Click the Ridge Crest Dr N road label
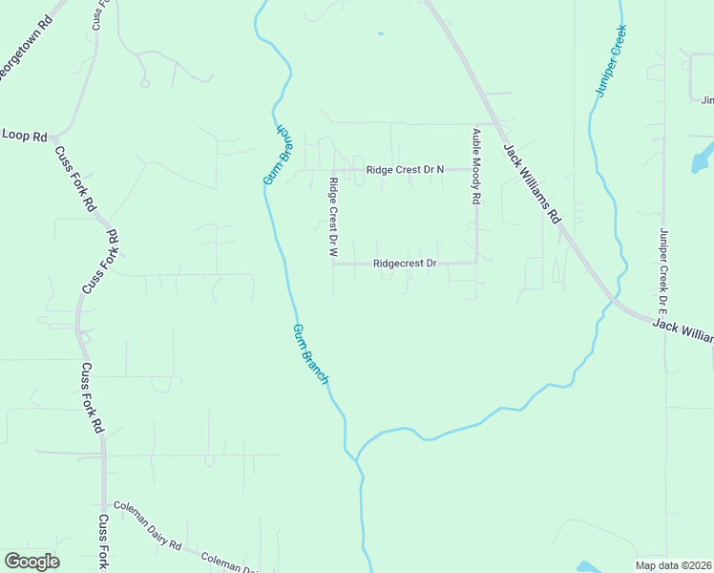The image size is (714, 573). (x=407, y=169)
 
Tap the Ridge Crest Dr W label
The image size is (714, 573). (x=333, y=218)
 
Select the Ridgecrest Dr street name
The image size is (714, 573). (x=405, y=263)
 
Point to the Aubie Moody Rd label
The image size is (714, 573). (x=475, y=168)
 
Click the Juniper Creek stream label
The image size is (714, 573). (x=611, y=59)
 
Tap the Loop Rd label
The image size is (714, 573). (x=25, y=137)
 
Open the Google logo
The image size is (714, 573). (x=31, y=561)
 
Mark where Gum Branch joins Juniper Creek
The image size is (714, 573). (x=358, y=458)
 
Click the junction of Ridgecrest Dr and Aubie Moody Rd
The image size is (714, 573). (x=476, y=262)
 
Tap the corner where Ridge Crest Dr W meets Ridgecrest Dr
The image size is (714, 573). (x=333, y=264)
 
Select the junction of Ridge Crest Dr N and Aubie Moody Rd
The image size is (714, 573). (x=476, y=169)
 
